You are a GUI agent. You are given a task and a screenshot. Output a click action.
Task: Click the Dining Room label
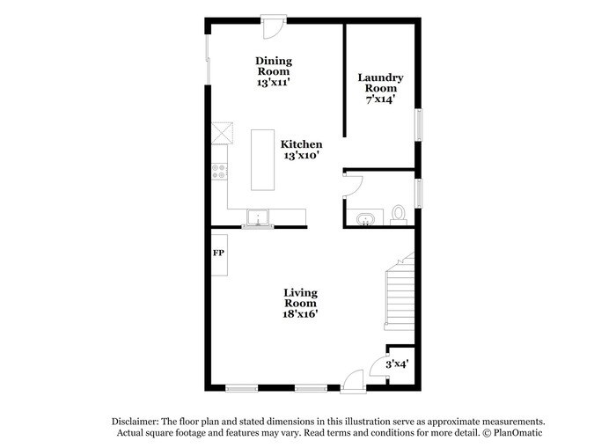[x=274, y=66]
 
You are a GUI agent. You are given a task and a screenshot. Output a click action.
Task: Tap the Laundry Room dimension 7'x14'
[x=380, y=99]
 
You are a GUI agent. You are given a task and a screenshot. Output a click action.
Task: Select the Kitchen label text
[x=301, y=144]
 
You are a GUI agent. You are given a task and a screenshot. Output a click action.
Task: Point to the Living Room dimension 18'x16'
[x=300, y=314]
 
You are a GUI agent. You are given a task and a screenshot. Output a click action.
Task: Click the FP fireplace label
[x=218, y=253]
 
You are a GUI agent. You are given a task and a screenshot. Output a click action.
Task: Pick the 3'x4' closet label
[x=397, y=364]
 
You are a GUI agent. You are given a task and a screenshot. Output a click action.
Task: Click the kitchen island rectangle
[x=263, y=160]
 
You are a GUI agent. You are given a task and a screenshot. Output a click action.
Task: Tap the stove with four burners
[x=219, y=172]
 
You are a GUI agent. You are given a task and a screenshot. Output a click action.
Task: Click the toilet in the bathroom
[x=399, y=215]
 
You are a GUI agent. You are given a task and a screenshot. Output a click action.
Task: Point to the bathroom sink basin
[x=365, y=219]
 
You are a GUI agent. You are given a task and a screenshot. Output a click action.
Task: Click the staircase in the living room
[x=400, y=293]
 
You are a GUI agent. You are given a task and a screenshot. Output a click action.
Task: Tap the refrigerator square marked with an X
[x=222, y=134]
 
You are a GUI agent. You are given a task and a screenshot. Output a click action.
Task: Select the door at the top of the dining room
[x=274, y=26]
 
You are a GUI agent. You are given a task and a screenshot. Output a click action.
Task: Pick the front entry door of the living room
[x=353, y=381]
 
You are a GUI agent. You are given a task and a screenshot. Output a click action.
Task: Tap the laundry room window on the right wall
[x=419, y=125]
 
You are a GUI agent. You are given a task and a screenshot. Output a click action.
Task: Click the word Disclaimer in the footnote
[x=136, y=422]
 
